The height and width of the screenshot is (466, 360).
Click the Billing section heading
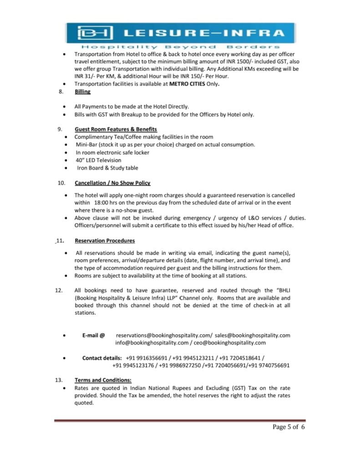coord(82,91)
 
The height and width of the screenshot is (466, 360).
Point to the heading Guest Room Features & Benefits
coord(116,129)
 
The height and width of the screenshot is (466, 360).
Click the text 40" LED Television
coord(98,160)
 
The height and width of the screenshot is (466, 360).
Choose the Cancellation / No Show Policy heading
coord(112,183)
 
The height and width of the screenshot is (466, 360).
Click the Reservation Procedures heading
coord(105,241)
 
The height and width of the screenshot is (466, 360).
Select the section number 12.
coord(59,290)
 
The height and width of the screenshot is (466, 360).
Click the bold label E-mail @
coord(93,335)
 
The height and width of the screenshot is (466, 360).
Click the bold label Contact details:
coord(101,358)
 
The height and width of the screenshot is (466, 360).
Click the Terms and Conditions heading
coord(103,380)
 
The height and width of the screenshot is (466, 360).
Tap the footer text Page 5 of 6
coord(289,427)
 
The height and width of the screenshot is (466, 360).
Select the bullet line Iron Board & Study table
coord(107,168)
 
